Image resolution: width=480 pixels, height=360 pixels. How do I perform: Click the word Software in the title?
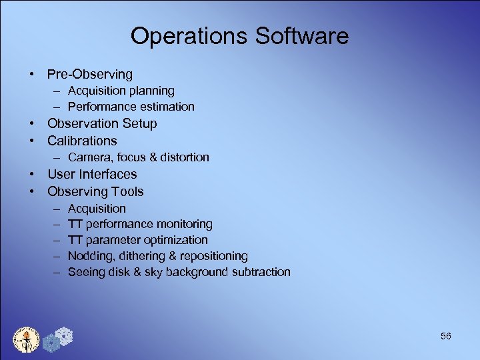(x=301, y=36)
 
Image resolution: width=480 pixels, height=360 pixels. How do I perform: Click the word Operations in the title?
(x=189, y=36)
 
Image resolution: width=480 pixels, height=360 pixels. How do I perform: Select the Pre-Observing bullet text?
(x=90, y=74)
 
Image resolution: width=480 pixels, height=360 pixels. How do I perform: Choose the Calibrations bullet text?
(x=82, y=141)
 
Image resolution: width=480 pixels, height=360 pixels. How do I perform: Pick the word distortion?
(x=182, y=157)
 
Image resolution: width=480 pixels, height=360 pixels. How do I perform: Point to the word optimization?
(x=175, y=240)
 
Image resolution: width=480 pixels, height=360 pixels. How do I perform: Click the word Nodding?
(x=89, y=256)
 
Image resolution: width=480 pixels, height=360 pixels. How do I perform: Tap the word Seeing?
(x=87, y=272)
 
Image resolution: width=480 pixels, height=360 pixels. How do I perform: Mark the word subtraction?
(x=260, y=272)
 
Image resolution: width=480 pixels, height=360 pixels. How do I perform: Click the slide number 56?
(x=445, y=336)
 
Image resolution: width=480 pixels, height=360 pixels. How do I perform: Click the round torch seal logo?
(x=27, y=340)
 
